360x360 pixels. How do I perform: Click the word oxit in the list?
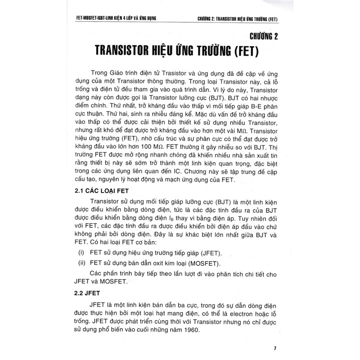tap(148, 264)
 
